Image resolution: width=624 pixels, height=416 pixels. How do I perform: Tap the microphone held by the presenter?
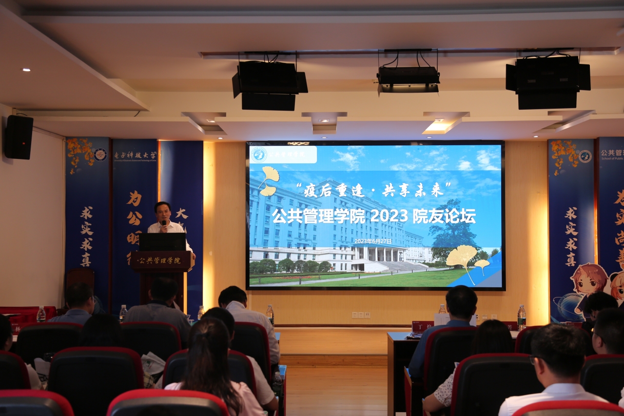click(x=164, y=224)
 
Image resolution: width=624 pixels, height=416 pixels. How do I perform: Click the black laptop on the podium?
click(x=162, y=242)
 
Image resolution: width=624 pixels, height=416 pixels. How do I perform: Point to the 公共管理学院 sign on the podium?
click(x=158, y=260)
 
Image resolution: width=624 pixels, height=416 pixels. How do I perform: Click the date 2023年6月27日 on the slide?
click(x=373, y=241)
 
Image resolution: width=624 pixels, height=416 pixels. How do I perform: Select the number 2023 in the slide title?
click(x=389, y=216)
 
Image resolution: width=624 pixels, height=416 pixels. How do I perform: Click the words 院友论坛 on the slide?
click(x=444, y=216)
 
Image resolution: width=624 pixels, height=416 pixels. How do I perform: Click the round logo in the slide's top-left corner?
click(x=259, y=155)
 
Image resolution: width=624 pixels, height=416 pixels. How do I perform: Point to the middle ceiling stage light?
click(x=408, y=78)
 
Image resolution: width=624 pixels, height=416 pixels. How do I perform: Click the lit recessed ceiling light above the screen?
click(x=440, y=126)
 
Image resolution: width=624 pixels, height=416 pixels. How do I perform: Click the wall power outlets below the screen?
click(x=361, y=315)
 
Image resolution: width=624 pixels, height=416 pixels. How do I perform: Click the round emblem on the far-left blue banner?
click(x=100, y=155)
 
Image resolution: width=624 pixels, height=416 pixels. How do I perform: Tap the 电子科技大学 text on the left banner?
click(x=135, y=156)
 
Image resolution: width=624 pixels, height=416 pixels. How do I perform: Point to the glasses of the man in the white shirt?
click(x=535, y=360)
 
